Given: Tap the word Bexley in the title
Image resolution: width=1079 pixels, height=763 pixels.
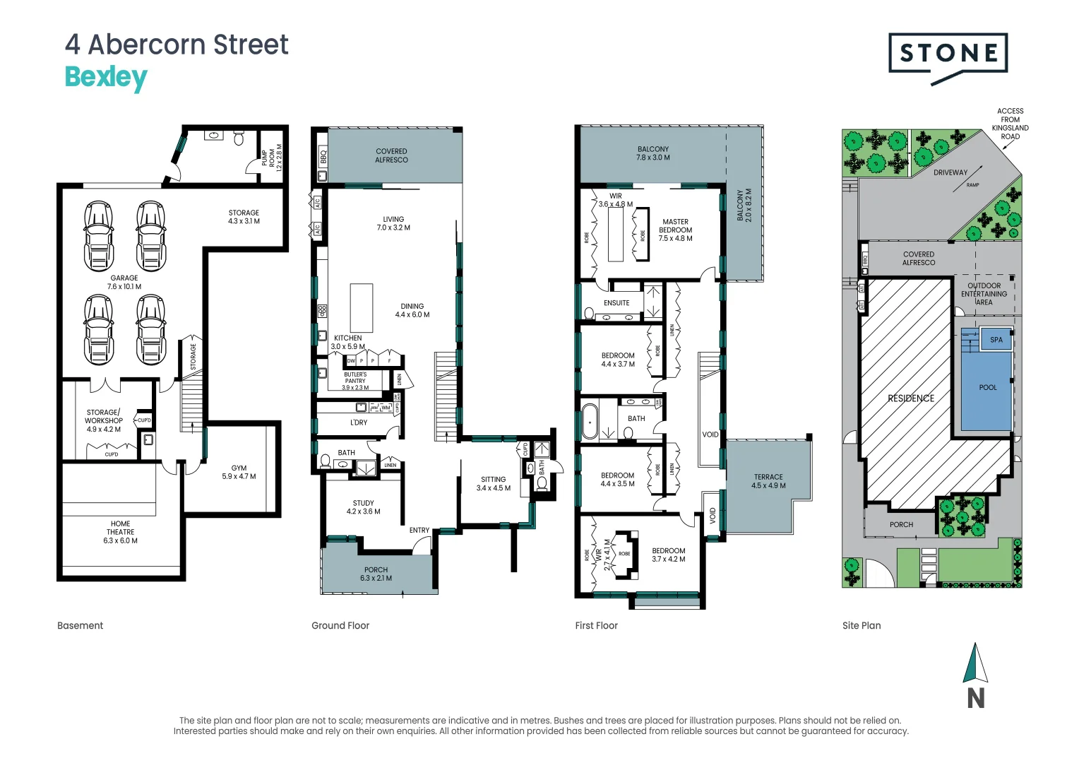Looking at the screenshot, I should coord(106,77).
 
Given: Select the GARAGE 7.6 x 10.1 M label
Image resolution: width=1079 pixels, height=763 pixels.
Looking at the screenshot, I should coord(124,283).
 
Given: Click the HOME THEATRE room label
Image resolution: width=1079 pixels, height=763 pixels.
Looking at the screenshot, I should coord(120,532).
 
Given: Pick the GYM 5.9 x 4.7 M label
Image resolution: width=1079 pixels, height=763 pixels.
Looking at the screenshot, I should coord(239,472).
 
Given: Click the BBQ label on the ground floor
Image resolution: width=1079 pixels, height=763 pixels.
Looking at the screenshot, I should coord(323,156).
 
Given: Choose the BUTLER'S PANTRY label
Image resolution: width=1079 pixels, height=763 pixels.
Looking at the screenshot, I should coord(355,381).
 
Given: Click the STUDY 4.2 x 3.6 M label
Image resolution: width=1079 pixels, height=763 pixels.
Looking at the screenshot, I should coord(363,507).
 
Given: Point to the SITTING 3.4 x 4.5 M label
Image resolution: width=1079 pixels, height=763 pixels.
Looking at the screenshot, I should coord(493,483).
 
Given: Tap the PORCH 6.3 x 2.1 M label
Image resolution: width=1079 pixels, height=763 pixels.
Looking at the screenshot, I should coord(376,574).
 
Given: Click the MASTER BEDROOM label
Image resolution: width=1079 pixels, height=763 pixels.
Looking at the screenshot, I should coord(675,230).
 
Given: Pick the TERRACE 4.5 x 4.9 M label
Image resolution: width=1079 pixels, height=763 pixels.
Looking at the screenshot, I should coord(768,481).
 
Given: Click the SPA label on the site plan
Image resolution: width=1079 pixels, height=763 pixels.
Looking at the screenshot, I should coord(996,340).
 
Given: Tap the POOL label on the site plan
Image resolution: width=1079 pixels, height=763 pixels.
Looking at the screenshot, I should coord(988,388).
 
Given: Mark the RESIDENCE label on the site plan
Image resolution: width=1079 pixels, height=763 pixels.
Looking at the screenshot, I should coord(911,398).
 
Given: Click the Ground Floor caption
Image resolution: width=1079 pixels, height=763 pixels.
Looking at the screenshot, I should coord(340,625).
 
